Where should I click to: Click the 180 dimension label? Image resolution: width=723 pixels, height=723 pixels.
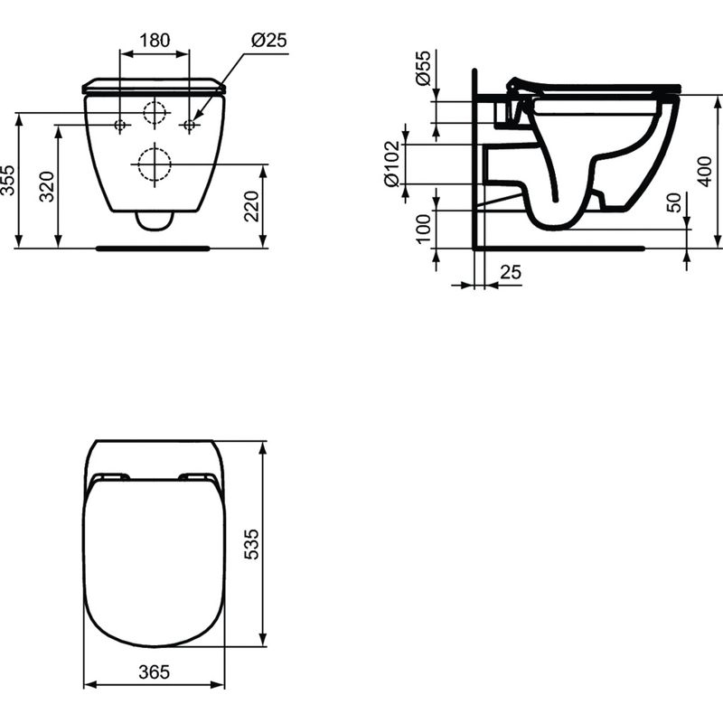pyautogui.click(x=155, y=41)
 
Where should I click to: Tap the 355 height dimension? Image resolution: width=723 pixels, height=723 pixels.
pyautogui.click(x=8, y=181)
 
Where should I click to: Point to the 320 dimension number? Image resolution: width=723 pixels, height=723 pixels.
pyautogui.click(x=48, y=186)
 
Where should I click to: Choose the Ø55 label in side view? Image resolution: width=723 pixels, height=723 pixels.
pyautogui.click(x=423, y=69)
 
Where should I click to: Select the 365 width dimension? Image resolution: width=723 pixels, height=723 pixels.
pyautogui.click(x=154, y=672)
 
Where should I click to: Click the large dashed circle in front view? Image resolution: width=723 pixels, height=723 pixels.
pyautogui.click(x=155, y=164)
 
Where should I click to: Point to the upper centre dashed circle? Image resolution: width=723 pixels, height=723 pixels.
pyautogui.click(x=155, y=112)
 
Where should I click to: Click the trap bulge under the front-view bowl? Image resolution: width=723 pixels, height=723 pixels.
pyautogui.click(x=155, y=221)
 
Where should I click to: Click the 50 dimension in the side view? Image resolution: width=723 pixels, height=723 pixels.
pyautogui.click(x=673, y=202)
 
